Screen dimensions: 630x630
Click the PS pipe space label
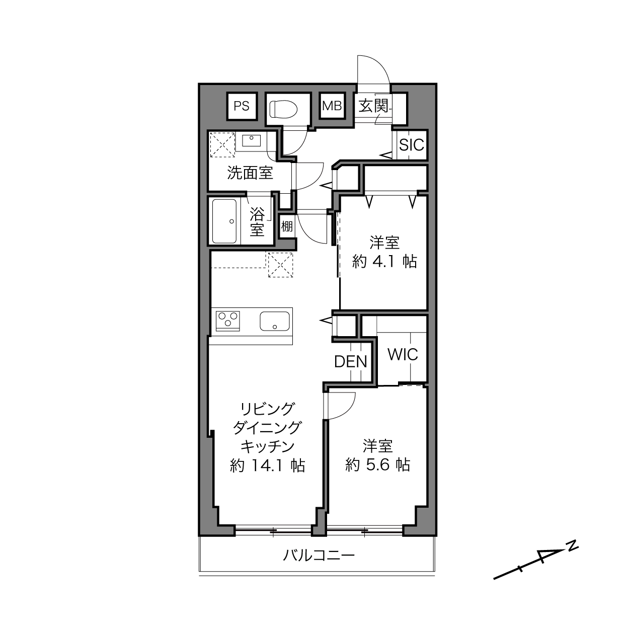tap(242, 106)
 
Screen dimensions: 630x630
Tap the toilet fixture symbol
tap(283, 109)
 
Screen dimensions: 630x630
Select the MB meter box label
tap(332, 106)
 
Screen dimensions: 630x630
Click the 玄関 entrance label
tap(373, 106)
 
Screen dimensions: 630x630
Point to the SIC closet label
tap(412, 144)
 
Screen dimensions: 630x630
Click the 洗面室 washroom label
tap(250, 173)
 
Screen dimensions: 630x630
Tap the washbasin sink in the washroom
tap(251, 140)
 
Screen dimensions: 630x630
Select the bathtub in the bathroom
tap(224, 221)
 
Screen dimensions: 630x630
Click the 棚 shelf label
tap(287, 226)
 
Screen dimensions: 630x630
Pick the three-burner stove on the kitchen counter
tap(228, 321)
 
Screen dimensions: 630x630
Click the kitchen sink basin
tap(275, 321)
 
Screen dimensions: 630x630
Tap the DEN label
tap(350, 362)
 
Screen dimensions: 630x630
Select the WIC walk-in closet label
tap(403, 354)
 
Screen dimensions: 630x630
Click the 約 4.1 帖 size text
tap(384, 261)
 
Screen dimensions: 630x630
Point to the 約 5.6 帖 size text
tap(377, 464)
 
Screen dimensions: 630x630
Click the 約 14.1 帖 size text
tap(267, 465)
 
